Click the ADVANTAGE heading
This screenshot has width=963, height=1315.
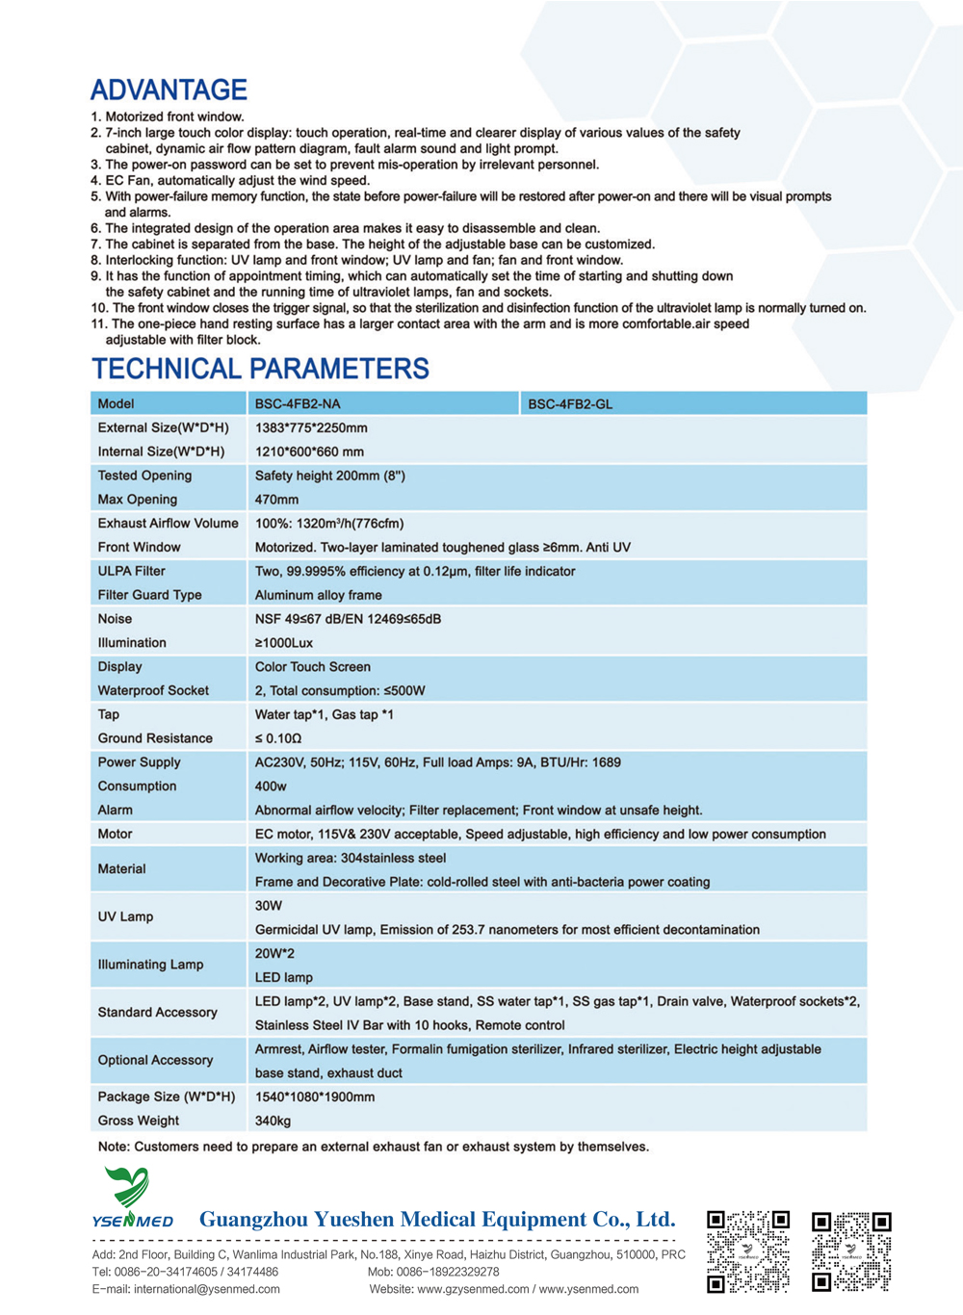(x=169, y=90)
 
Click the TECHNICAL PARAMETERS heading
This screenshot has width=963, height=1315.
(x=260, y=369)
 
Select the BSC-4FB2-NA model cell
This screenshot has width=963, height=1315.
(x=298, y=403)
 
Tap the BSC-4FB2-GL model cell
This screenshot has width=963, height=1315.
(x=570, y=404)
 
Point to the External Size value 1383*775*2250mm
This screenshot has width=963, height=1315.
(x=311, y=427)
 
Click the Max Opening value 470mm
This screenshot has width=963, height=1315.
(x=276, y=500)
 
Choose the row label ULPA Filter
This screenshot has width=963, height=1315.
(x=131, y=571)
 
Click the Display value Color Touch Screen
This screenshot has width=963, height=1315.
(x=312, y=666)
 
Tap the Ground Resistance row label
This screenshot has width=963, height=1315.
(x=155, y=738)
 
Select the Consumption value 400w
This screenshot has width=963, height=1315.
(x=271, y=786)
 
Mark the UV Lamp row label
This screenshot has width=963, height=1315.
(x=125, y=916)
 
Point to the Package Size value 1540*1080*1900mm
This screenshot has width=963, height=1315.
(x=315, y=1096)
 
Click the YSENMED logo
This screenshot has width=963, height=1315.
(x=132, y=1199)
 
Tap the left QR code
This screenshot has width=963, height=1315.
(x=748, y=1251)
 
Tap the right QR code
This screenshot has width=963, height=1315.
(x=851, y=1251)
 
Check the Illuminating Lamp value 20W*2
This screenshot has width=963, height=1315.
(x=274, y=953)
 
